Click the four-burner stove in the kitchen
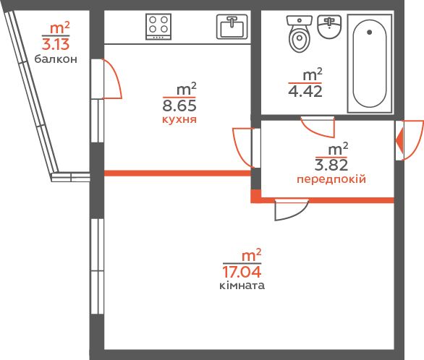click(158, 27)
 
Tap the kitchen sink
click(232, 27)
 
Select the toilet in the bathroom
click(300, 33)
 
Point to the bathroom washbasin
click(329, 27)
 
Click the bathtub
click(370, 64)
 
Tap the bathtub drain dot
click(370, 32)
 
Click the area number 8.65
click(179, 106)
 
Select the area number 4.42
click(305, 91)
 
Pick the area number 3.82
click(331, 165)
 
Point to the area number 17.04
click(242, 272)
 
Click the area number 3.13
click(56, 44)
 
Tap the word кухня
click(179, 119)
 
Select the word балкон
click(56, 59)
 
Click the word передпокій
click(331, 179)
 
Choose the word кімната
click(242, 286)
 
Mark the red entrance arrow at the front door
click(399, 141)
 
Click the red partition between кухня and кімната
click(178, 173)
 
